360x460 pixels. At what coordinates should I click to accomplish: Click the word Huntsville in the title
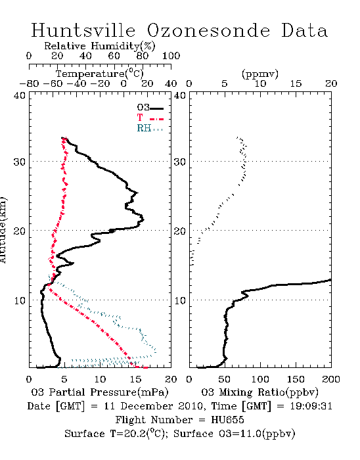(83, 30)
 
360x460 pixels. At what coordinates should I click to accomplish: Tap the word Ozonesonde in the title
(208, 30)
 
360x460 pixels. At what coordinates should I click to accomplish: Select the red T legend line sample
(156, 119)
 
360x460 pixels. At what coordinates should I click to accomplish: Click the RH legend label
(144, 128)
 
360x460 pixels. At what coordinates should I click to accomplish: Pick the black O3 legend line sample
(156, 108)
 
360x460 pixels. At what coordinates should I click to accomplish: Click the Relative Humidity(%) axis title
(100, 46)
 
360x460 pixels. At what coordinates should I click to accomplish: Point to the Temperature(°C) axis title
(100, 74)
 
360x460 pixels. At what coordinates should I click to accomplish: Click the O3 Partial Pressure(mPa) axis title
(100, 392)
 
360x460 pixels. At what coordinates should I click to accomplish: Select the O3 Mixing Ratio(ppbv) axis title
(259, 392)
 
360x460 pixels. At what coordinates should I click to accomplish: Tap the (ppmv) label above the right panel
(260, 74)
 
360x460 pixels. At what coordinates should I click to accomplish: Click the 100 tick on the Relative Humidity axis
(171, 56)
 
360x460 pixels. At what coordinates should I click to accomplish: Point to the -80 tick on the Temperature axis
(29, 84)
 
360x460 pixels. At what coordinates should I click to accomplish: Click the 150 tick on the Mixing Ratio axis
(296, 379)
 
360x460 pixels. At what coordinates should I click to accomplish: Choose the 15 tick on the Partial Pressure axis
(135, 379)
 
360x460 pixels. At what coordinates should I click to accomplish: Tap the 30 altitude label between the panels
(180, 162)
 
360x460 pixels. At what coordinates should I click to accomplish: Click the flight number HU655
(227, 420)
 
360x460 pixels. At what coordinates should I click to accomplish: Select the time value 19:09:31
(311, 406)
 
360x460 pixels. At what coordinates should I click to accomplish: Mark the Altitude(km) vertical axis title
(3, 230)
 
